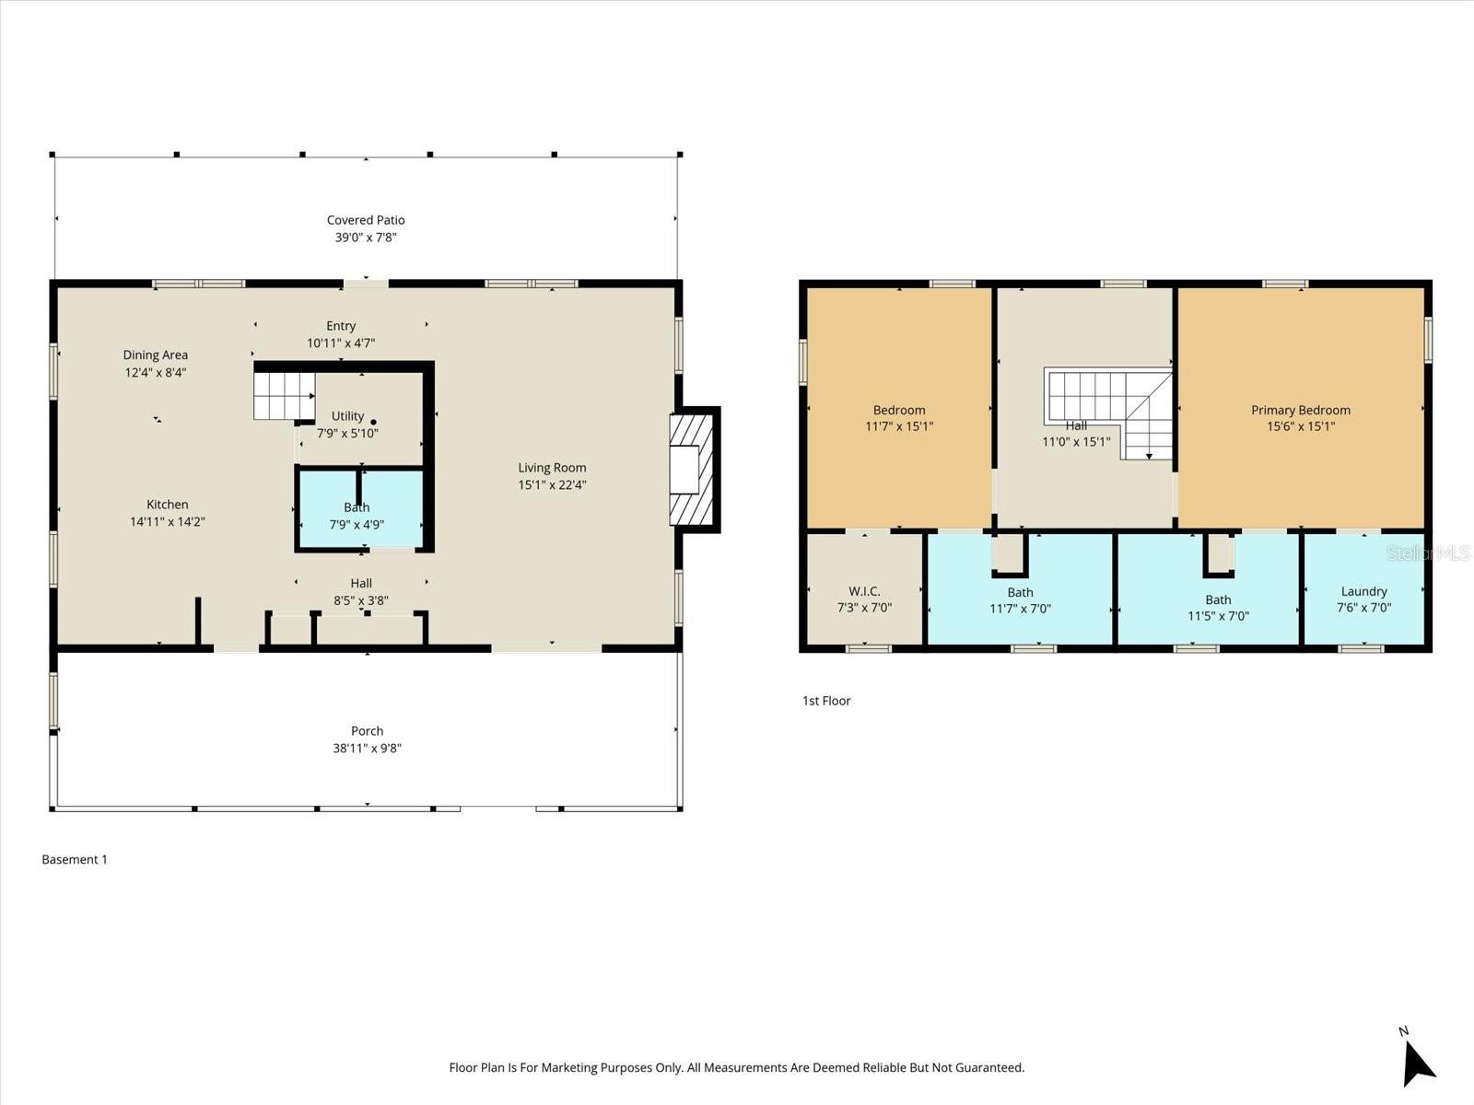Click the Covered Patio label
[x=366, y=220]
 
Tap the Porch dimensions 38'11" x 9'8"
[x=367, y=749]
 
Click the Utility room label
[x=347, y=416]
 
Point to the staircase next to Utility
[x=283, y=395]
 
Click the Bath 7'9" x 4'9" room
[x=357, y=516]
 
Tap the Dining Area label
[x=156, y=355]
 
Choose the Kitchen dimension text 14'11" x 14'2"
[x=168, y=522]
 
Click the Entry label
[x=341, y=326]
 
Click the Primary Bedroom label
[x=1300, y=410]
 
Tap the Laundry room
[x=1363, y=599]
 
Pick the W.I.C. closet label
[x=864, y=591]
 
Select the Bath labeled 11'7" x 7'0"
[x=1020, y=599]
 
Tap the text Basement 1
[x=75, y=859]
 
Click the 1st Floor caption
[x=826, y=701]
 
